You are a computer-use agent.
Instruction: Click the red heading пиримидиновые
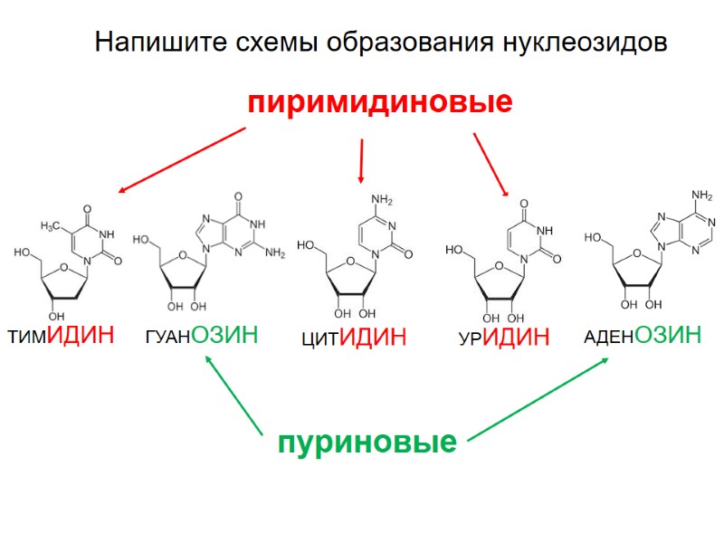click(x=380, y=101)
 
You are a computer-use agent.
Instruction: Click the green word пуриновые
click(x=367, y=443)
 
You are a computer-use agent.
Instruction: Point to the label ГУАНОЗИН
click(x=201, y=336)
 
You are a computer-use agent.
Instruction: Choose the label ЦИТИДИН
click(x=354, y=338)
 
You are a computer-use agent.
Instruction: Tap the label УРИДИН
click(x=504, y=338)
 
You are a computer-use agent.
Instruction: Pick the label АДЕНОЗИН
click(x=643, y=336)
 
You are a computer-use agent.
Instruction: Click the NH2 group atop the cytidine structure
click(x=381, y=199)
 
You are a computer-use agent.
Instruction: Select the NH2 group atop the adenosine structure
click(x=701, y=194)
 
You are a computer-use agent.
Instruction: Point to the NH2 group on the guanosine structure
click(x=275, y=253)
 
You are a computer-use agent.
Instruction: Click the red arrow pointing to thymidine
click(x=181, y=160)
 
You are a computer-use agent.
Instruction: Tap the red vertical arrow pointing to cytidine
click(x=361, y=161)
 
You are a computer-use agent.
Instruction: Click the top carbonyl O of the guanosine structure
click(x=239, y=195)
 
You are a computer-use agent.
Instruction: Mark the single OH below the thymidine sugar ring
click(x=56, y=315)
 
